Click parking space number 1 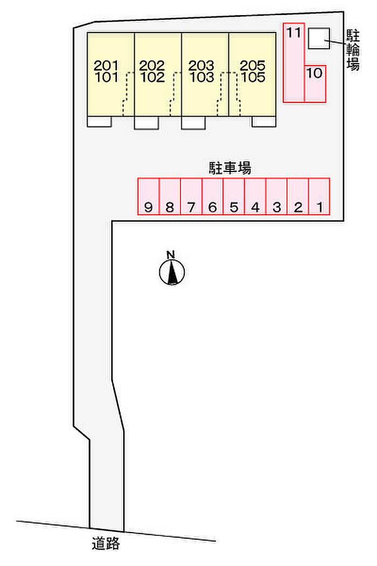[x=319, y=197]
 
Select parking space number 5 [x=234, y=197]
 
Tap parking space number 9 [x=148, y=197]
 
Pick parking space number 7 [x=191, y=197]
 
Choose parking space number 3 [x=276, y=197]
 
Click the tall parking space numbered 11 [x=294, y=62]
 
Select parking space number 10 [x=316, y=83]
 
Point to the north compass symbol [x=172, y=271]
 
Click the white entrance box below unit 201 [x=99, y=122]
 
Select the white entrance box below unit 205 [x=264, y=121]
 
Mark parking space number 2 [x=298, y=197]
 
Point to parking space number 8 [x=170, y=197]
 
